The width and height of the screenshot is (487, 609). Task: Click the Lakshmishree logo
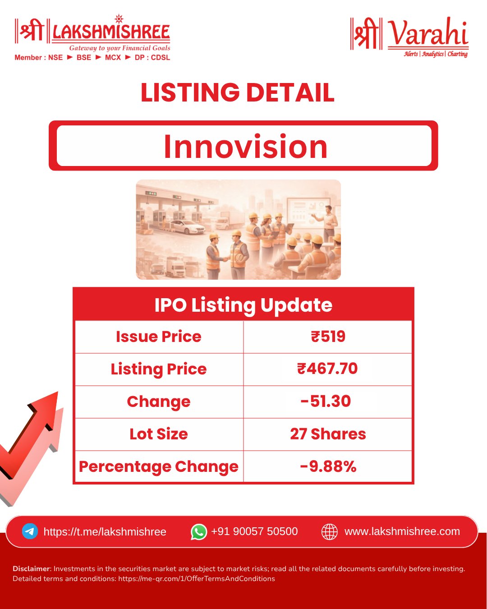(92, 37)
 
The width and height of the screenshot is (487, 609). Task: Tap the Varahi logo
(409, 37)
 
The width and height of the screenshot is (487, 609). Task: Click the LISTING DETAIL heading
(238, 92)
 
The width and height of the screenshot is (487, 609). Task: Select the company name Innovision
(245, 146)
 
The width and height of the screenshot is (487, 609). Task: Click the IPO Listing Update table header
(243, 306)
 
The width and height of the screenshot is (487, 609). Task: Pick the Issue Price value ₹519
(328, 337)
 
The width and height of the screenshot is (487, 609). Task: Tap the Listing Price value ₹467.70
(327, 369)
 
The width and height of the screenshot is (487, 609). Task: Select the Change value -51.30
(326, 401)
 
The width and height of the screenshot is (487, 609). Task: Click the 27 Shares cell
(328, 434)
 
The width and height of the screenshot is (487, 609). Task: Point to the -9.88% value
(328, 466)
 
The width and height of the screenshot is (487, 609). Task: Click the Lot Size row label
(158, 434)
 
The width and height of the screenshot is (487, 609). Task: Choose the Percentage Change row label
(158, 467)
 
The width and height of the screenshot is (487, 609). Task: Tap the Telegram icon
(30, 531)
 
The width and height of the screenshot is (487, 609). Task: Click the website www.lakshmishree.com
(402, 531)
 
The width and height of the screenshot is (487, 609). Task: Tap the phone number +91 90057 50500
(254, 531)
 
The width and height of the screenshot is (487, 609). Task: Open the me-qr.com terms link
(197, 578)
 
